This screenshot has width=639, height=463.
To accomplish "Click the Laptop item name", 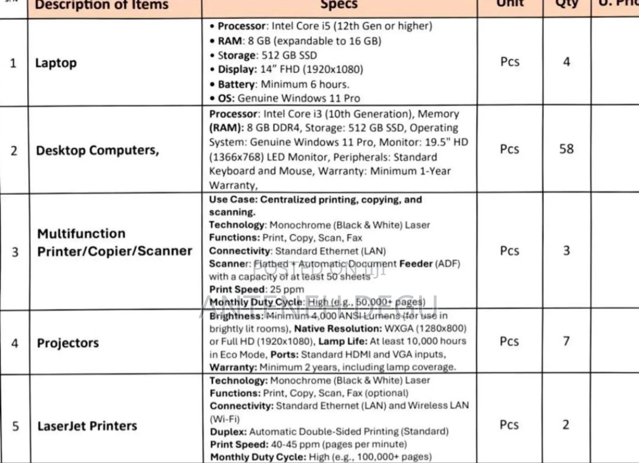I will (56, 63).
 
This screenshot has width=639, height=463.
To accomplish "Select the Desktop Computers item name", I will (97, 150).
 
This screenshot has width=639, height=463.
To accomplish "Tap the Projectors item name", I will (68, 343).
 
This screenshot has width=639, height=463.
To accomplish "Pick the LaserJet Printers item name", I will (87, 426).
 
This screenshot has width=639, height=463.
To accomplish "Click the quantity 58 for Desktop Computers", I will (566, 149).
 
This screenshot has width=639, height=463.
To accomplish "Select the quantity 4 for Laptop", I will (566, 62).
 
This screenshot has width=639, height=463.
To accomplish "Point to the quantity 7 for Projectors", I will (566, 341).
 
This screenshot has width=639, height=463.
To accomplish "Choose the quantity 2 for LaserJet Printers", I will (566, 425).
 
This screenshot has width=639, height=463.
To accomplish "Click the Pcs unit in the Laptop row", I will (510, 62).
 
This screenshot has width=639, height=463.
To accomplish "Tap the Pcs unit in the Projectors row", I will (509, 342).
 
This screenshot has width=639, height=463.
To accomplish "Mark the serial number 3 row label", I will (15, 252).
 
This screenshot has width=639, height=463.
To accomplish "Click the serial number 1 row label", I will (13, 63).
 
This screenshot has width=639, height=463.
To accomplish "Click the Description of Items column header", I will (102, 5).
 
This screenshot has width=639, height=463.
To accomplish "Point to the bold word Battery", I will (236, 84).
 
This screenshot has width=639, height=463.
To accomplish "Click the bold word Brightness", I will (236, 316).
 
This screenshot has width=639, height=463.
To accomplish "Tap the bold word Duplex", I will (228, 432).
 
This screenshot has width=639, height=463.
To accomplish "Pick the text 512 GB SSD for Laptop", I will (289, 55).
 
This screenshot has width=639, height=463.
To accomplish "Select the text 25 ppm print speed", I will (287, 289).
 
